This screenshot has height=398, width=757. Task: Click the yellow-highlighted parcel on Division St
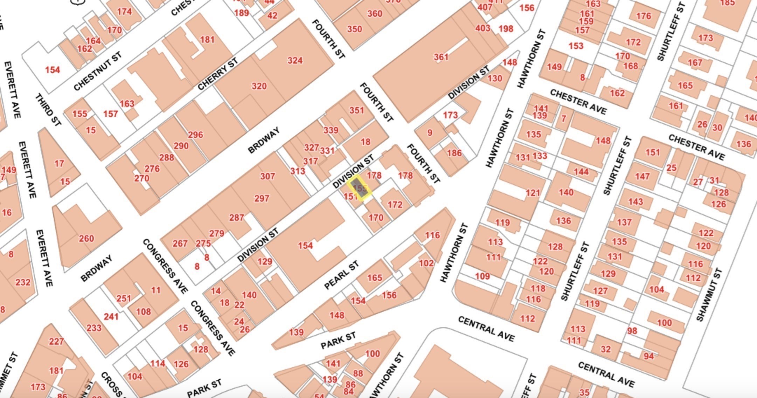tap(359, 188)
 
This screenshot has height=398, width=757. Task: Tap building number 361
tap(441, 57)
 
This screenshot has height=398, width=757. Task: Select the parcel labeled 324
tap(295, 61)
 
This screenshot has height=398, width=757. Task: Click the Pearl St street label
tap(341, 275)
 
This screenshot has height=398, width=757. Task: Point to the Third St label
tap(48, 110)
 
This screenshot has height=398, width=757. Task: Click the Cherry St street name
tap(217, 74)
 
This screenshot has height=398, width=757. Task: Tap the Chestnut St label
tap(98, 71)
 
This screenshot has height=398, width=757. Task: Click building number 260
tap(86, 239)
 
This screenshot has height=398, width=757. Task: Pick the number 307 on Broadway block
tap(267, 176)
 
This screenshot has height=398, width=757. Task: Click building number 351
tap(356, 110)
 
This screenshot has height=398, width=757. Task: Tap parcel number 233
tap(94, 328)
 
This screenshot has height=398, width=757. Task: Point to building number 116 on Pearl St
tap(432, 235)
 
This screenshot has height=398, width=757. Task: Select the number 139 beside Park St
tap(296, 332)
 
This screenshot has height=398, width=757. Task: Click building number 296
tap(195, 135)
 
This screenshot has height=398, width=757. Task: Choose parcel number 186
tap(454, 153)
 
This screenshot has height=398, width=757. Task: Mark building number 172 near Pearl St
tap(395, 205)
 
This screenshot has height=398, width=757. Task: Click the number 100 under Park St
tap(372, 354)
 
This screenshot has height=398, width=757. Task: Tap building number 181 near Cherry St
tap(207, 40)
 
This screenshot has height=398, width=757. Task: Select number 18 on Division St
tap(365, 142)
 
